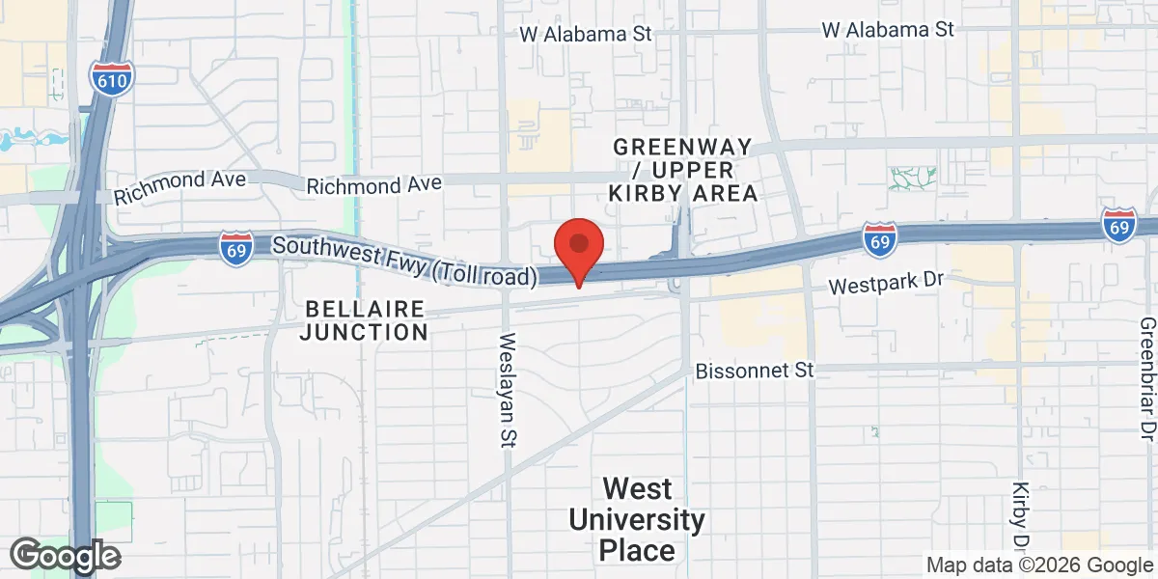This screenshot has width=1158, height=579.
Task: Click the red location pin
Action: [578, 246]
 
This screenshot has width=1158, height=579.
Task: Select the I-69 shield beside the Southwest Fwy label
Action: [236, 248]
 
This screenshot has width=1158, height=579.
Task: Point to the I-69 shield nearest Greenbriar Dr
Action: [1118, 225]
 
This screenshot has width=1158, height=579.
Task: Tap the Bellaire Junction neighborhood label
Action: [364, 320]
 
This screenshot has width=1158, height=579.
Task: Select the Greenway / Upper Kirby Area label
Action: [682, 170]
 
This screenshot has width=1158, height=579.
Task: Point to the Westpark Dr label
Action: [885, 284]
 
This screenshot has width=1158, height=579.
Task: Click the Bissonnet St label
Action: [755, 371]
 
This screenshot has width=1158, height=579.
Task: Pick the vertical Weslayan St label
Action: [509, 390]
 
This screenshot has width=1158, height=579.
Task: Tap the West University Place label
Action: [636, 519]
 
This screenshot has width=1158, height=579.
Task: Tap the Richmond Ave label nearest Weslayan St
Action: [374, 183]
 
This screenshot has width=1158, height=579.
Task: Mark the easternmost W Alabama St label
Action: [888, 30]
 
